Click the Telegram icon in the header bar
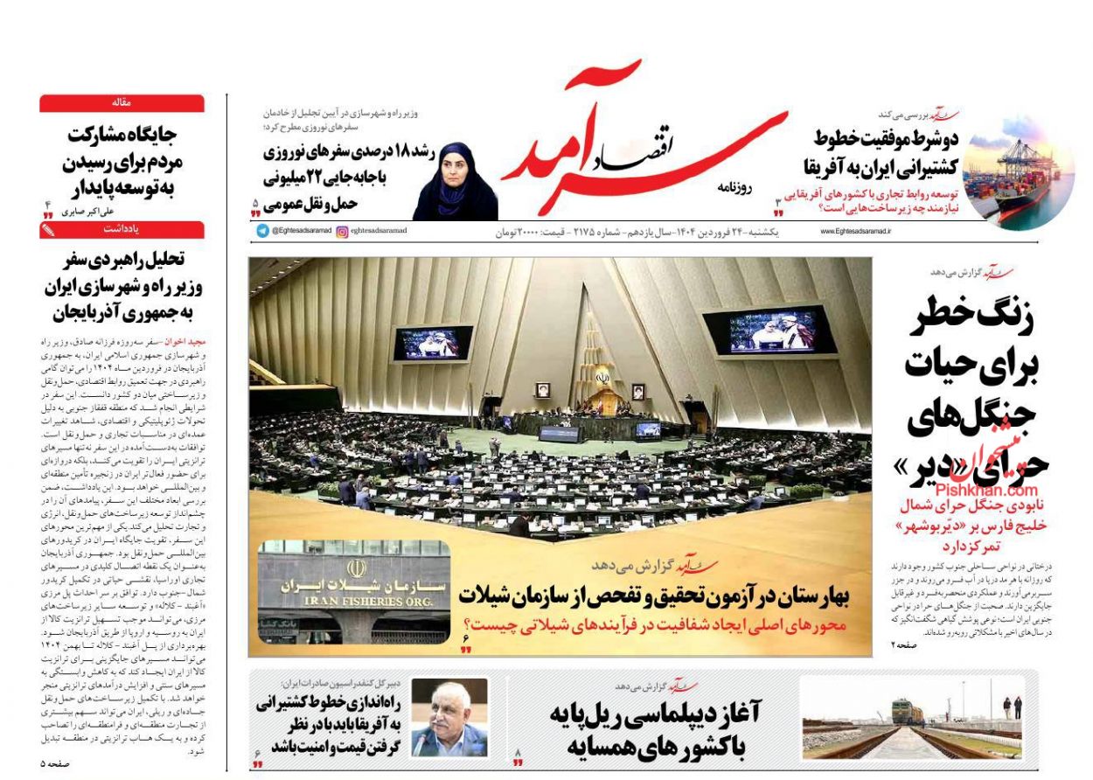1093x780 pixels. coord(261,231)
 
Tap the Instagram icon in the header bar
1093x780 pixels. coord(342,231)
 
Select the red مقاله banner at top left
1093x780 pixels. coord(122,103)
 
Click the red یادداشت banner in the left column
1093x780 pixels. coord(122,230)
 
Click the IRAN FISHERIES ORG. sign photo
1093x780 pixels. coord(353,591)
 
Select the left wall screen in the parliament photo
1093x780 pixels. coord(432,343)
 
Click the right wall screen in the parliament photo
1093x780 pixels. coord(770,331)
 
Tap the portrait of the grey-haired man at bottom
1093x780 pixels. coord(449,717)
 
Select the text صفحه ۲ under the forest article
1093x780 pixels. coord(906,644)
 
